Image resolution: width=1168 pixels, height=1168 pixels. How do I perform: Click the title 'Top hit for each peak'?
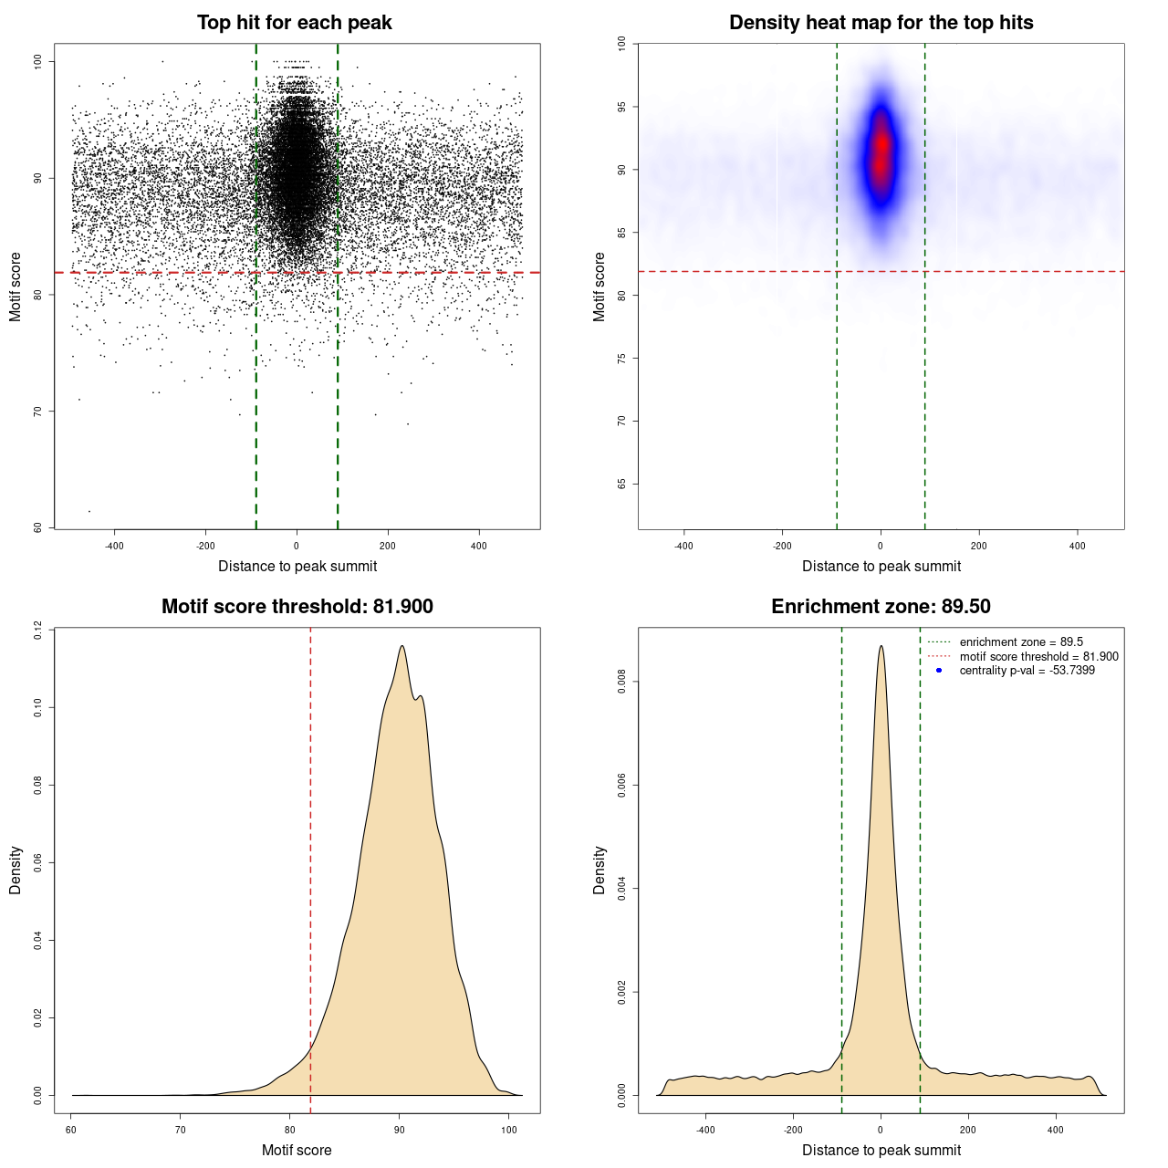point(295,23)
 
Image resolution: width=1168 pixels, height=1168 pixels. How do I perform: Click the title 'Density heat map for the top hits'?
point(881,23)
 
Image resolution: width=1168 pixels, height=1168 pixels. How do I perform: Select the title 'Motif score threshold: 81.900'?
point(297,607)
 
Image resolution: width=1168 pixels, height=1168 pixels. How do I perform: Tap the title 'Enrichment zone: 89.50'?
point(881,607)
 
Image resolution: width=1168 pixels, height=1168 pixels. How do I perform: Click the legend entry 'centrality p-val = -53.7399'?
point(1027,671)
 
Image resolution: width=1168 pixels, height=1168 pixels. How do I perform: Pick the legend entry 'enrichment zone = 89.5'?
point(1021,642)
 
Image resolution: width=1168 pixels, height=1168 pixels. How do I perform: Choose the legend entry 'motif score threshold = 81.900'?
point(1038,657)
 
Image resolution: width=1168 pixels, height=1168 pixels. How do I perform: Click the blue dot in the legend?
point(939,671)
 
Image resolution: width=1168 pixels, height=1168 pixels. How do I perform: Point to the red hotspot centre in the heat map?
point(881,146)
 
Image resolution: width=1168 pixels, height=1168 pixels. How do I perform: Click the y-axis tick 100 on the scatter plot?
point(38,61)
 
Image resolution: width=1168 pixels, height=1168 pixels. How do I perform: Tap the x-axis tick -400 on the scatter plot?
point(114,546)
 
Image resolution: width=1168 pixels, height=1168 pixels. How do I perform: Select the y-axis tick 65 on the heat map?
point(622,484)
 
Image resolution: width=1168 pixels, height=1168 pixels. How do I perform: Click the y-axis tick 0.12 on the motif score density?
point(38,630)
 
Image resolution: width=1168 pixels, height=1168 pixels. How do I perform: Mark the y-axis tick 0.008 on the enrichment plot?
point(622,682)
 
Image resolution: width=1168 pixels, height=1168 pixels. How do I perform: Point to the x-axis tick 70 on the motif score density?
point(181,1130)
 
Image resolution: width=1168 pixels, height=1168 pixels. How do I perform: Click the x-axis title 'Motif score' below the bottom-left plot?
point(297,1151)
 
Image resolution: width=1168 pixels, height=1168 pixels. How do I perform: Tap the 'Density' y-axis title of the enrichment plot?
point(600,870)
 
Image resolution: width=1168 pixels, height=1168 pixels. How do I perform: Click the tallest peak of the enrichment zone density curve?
point(881,646)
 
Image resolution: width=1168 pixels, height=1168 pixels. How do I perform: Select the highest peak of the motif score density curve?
point(401,646)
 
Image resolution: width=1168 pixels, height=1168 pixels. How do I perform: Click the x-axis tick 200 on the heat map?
point(979,546)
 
